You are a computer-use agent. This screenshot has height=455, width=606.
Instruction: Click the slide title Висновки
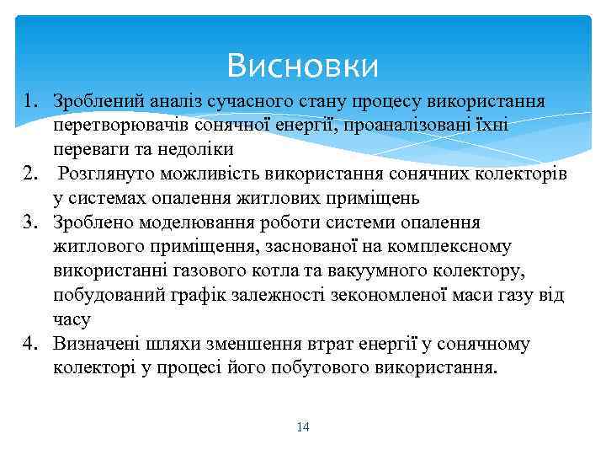[303, 65]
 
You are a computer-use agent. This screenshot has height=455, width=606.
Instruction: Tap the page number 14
[303, 427]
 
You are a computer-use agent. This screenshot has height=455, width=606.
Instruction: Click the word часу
[72, 319]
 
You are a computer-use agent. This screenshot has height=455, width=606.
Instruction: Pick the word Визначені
[94, 344]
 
